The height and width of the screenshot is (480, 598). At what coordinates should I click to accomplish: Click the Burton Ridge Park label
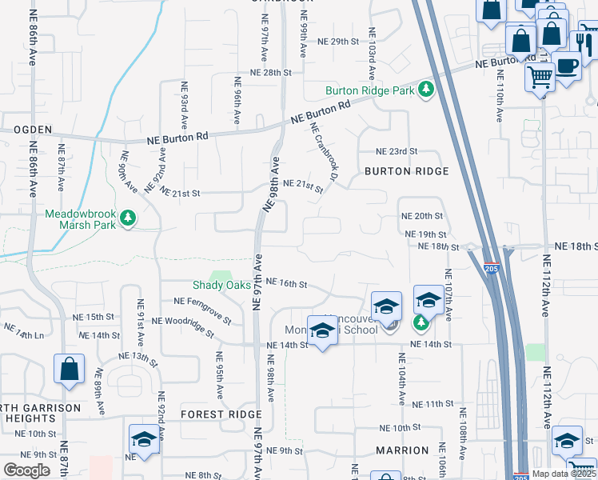(369, 90)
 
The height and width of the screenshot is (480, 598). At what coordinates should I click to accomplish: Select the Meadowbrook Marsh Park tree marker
(128, 218)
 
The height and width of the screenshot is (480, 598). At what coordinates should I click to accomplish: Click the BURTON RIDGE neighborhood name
(406, 171)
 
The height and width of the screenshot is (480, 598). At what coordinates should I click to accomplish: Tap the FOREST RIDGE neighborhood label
(221, 414)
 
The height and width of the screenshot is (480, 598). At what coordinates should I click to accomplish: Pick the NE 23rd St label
(397, 152)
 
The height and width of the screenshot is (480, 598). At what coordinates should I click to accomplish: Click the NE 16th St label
(287, 282)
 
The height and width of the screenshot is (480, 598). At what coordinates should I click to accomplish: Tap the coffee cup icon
(567, 66)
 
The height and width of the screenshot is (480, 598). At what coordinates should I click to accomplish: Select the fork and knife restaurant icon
(586, 41)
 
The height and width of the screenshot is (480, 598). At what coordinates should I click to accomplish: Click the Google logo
(26, 470)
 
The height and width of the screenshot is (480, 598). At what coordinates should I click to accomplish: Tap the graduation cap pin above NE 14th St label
(322, 330)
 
